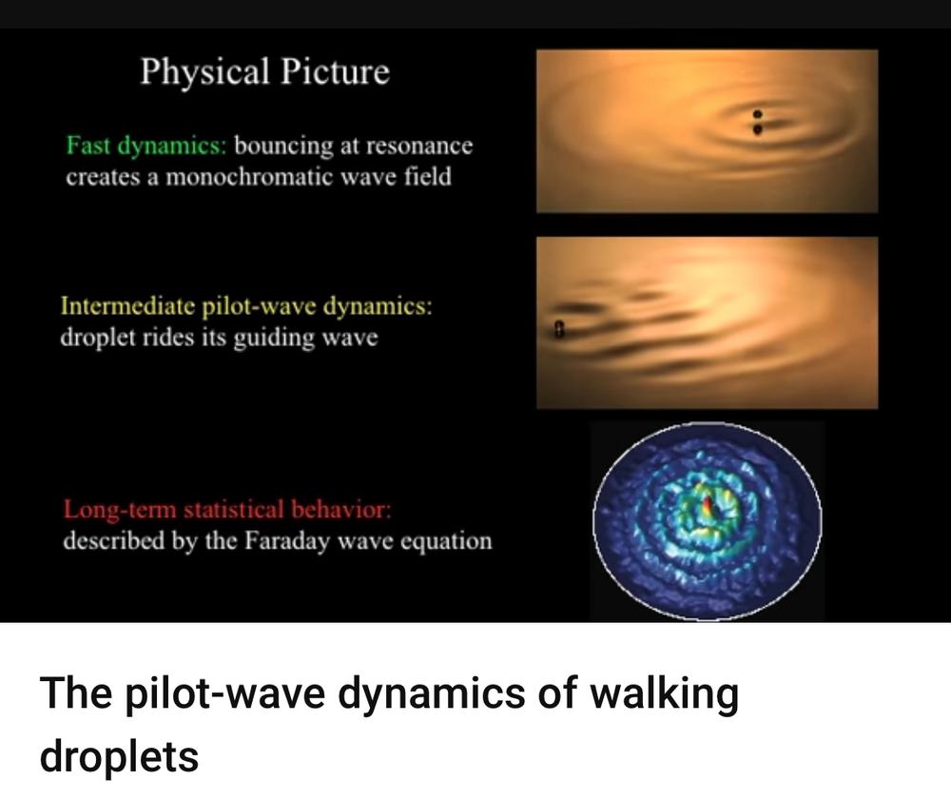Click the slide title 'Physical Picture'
click(x=265, y=72)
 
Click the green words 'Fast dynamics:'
click(x=146, y=146)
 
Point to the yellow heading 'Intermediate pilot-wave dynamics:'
click(x=246, y=306)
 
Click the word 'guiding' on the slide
click(x=274, y=338)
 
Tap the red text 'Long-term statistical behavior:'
click(x=227, y=510)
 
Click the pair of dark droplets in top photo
click(x=757, y=122)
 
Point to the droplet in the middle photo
click(x=559, y=329)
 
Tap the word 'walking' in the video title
click(x=661, y=693)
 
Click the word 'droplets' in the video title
click(x=119, y=757)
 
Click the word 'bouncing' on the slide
click(x=283, y=146)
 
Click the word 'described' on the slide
click(x=113, y=540)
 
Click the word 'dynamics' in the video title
click(x=431, y=693)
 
